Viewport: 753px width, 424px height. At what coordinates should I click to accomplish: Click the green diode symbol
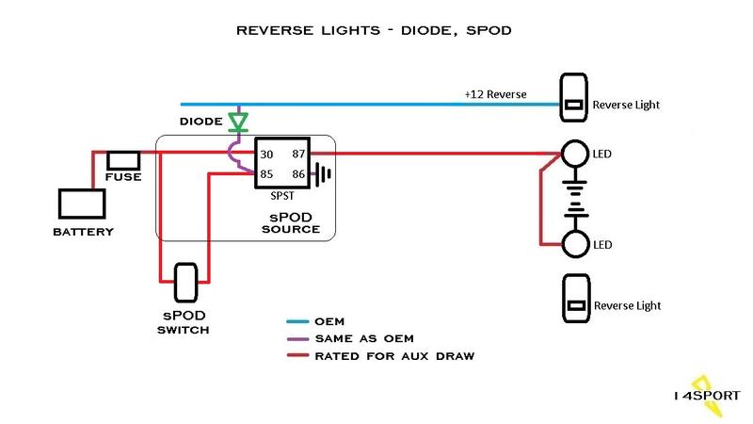coord(238,122)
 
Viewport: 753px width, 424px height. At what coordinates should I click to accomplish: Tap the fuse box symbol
coord(123,159)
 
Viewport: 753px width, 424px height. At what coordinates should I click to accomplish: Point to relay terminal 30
coord(266,155)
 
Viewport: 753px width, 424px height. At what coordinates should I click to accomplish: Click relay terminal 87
coord(299,155)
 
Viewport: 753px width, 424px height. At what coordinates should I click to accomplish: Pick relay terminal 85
coord(266,173)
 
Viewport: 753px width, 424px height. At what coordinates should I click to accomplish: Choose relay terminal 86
coord(299,173)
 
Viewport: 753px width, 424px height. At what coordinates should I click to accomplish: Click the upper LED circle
coord(574,153)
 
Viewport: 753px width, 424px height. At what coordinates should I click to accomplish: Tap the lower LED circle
coord(574,244)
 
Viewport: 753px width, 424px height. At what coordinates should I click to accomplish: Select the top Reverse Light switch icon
coord(574,98)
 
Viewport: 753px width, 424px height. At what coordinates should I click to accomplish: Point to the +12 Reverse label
coord(494,95)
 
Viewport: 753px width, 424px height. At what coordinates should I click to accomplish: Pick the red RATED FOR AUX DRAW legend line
coord(302,356)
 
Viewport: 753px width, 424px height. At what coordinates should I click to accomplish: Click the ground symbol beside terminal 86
coord(324,174)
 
